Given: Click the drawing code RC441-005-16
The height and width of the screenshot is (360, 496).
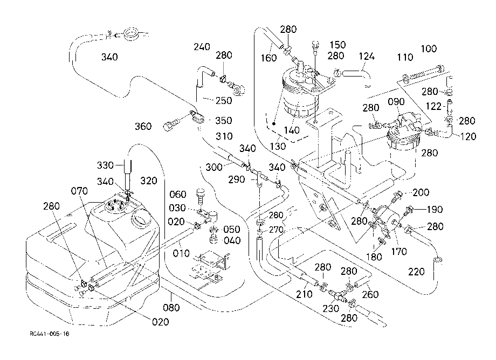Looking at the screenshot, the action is pyautogui.click(x=50, y=334).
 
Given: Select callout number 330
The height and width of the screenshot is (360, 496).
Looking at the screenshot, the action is pyautogui.click(x=105, y=165).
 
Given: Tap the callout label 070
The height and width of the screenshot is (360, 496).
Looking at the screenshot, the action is pyautogui.click(x=79, y=191).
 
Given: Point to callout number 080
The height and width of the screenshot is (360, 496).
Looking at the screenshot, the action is pyautogui.click(x=171, y=307).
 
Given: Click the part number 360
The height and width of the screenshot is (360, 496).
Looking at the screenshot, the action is pyautogui.click(x=143, y=127).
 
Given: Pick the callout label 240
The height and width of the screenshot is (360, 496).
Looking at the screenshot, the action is pyautogui.click(x=202, y=47).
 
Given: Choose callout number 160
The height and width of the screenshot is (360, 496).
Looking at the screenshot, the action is pyautogui.click(x=268, y=58).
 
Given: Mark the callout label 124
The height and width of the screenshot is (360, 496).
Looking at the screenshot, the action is pyautogui.click(x=367, y=56).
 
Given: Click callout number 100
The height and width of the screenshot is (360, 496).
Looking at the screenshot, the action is pyautogui.click(x=429, y=49).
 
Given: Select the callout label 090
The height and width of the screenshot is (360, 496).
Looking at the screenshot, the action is pyautogui.click(x=396, y=101).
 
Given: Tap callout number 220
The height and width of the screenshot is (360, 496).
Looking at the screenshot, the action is pyautogui.click(x=416, y=272).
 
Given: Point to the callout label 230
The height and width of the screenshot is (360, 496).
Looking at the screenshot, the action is pyautogui.click(x=330, y=308).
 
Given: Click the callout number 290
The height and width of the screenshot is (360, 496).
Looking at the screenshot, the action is pyautogui.click(x=237, y=179).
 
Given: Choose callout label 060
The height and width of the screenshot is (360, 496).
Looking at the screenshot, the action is pyautogui.click(x=178, y=194).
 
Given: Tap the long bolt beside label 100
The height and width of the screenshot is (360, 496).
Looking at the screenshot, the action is pyautogui.click(x=423, y=72).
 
